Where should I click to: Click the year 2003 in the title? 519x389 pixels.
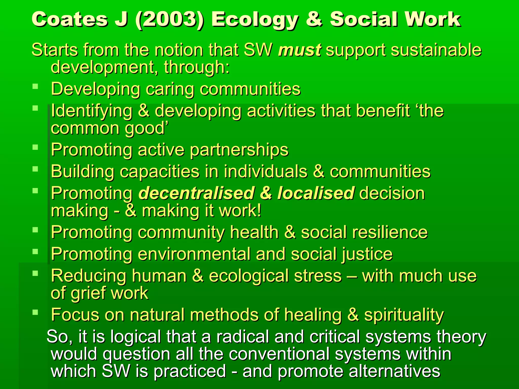[169, 20]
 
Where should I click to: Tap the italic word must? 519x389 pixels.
[300, 50]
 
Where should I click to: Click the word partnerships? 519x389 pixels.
[239, 150]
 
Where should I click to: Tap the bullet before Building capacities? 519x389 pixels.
[35, 169]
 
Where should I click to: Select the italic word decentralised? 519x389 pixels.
[197, 193]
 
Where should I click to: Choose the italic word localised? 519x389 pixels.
[316, 193]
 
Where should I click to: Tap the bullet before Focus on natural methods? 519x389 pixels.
[35, 313]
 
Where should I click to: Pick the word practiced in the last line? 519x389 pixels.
[190, 371]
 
